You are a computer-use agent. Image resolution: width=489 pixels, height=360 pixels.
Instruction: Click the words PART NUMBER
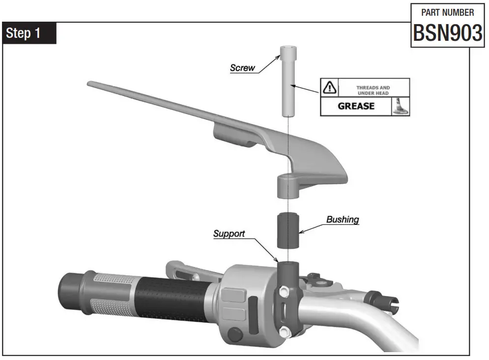[x=447, y=12]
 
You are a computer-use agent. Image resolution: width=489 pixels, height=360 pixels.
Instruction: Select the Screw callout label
[x=243, y=68]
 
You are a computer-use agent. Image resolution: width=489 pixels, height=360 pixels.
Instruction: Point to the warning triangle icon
[x=328, y=88]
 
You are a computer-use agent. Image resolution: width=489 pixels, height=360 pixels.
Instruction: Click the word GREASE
[x=356, y=106]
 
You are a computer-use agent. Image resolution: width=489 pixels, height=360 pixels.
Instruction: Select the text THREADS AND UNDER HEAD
[x=373, y=90]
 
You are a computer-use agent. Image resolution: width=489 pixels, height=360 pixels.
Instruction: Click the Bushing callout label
[x=343, y=219]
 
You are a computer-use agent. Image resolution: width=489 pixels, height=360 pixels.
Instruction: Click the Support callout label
[x=229, y=234]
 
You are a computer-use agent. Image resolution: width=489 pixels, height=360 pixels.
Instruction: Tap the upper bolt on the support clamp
[x=283, y=292]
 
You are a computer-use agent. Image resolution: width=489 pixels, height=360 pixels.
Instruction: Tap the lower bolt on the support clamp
[x=283, y=330]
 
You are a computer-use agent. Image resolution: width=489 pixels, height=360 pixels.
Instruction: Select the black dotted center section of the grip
[x=167, y=300]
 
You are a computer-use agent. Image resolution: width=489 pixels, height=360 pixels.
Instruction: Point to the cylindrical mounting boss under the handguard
[x=288, y=186]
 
